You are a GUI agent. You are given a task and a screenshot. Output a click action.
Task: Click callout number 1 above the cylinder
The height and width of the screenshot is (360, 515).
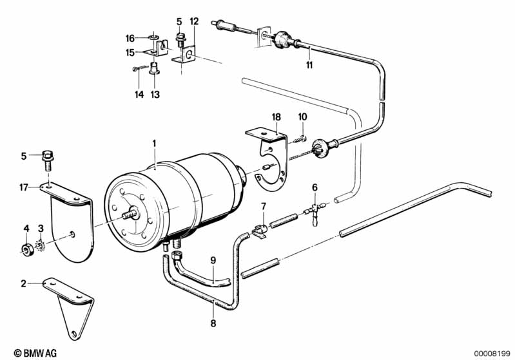coord(154,142)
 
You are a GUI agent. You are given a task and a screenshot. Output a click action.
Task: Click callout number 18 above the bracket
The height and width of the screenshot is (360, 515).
coord(277,117)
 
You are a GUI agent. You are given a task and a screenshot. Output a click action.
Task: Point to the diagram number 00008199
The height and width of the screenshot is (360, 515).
coord(493,352)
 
